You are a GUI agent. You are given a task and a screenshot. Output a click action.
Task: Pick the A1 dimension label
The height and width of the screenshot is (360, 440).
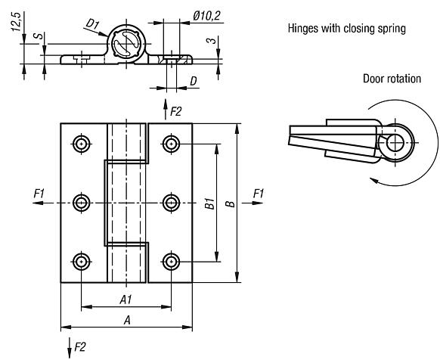(x=125, y=299)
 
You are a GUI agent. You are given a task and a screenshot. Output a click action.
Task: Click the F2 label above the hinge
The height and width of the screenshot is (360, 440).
(x=176, y=111)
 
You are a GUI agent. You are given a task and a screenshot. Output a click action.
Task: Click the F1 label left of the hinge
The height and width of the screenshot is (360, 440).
(x=39, y=194)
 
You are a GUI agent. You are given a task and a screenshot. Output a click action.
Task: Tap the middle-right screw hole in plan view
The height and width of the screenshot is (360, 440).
(x=171, y=203)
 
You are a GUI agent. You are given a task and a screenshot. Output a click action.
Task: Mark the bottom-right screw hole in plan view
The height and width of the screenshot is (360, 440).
(x=171, y=262)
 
